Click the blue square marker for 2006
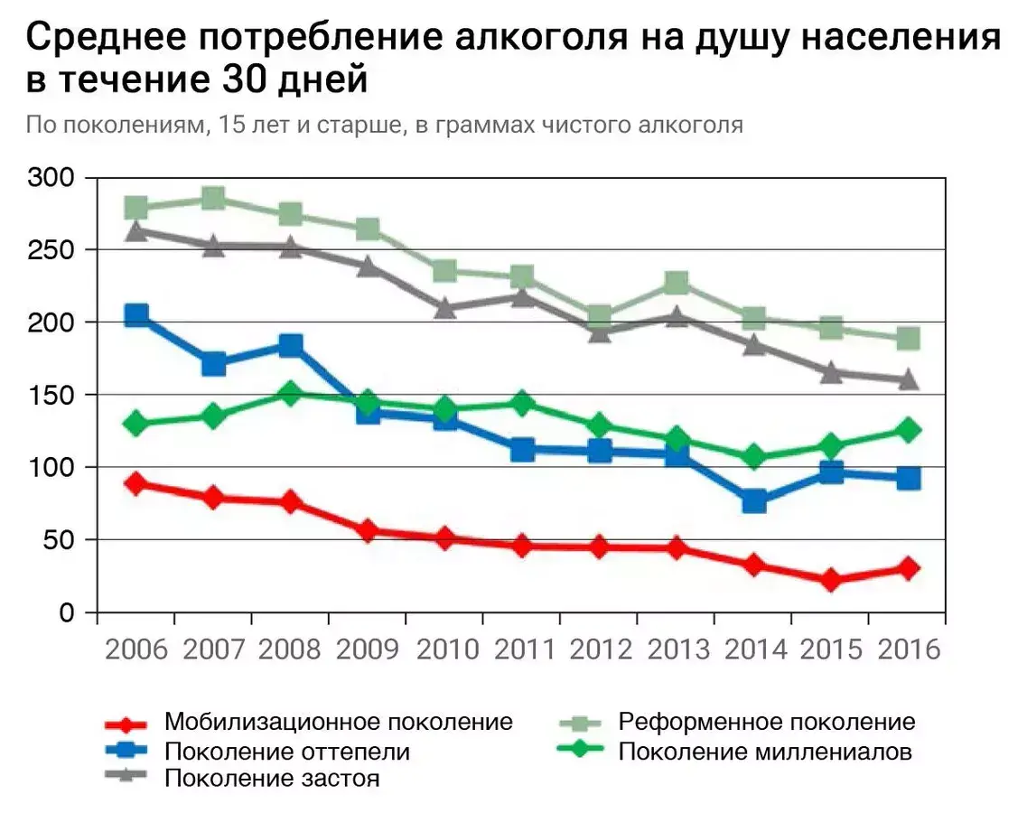(x=136, y=315)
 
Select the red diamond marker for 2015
(x=830, y=580)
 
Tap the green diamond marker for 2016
(x=908, y=430)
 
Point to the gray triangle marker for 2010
(x=444, y=308)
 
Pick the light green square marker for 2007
(x=213, y=199)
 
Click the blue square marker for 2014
(x=753, y=501)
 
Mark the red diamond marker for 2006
(x=136, y=483)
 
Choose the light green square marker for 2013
(x=677, y=284)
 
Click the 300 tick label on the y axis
(x=51, y=177)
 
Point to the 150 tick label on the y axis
(x=51, y=395)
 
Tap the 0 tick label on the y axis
(x=65, y=612)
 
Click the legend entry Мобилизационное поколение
(x=338, y=722)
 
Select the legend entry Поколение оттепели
(x=286, y=751)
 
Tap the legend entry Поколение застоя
(x=271, y=779)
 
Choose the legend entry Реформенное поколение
(x=766, y=722)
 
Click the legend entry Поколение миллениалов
(x=764, y=751)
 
